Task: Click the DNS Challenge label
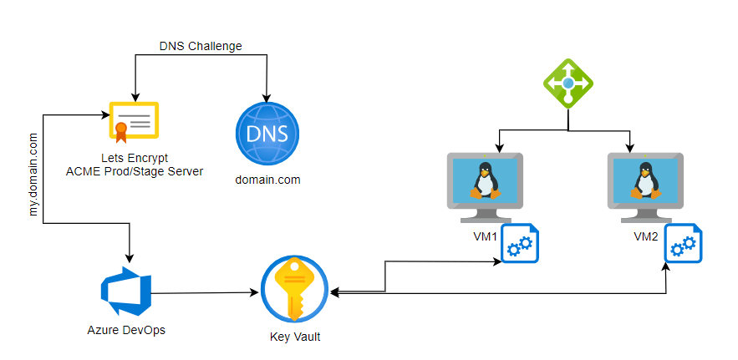coord(201,46)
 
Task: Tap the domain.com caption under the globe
coord(267,180)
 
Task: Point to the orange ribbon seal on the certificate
coord(121,130)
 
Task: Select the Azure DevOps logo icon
coord(125,288)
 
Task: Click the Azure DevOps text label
coord(126,330)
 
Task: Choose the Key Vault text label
coord(295,337)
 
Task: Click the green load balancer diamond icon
coord(568,84)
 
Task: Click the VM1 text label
coord(485,237)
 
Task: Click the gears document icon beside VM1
coord(520,244)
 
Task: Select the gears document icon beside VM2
coord(682,244)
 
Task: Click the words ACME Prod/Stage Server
coord(135,171)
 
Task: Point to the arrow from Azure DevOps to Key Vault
coord(205,293)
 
